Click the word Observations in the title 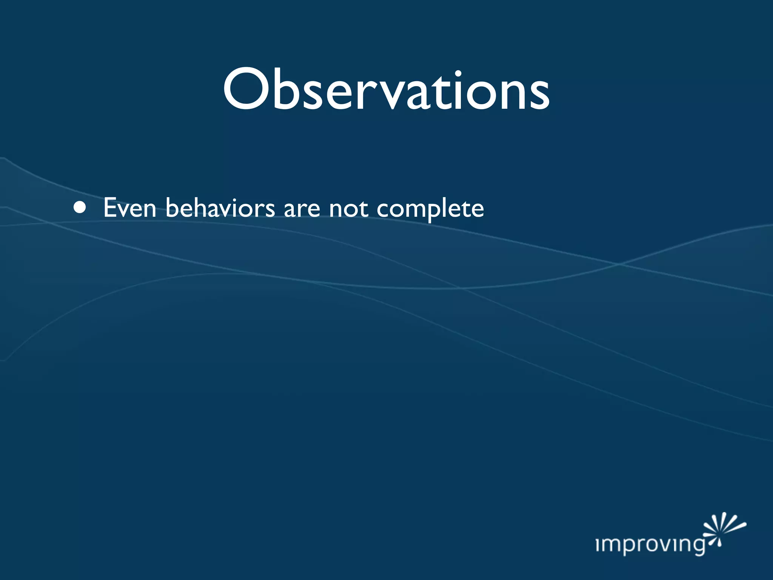386,91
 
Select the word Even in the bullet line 130,208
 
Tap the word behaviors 220,208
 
